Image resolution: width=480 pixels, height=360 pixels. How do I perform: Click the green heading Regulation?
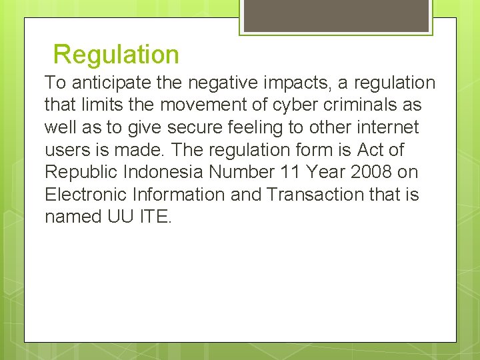coord(116,54)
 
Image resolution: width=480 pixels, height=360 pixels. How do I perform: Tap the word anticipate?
coord(103,83)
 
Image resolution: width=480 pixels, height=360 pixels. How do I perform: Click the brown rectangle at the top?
coord(335,15)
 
